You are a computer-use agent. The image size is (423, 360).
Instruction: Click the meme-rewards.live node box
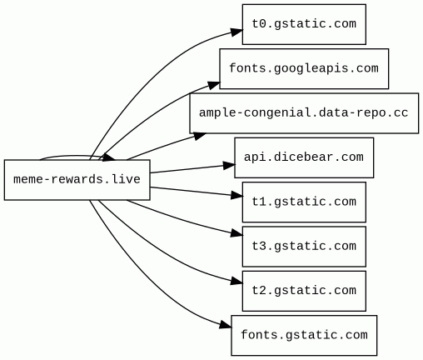pos(77,180)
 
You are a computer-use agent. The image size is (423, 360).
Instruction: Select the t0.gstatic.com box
pos(304,24)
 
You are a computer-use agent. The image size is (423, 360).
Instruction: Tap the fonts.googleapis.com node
pos(304,68)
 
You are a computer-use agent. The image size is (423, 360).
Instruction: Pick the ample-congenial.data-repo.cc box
pos(304,113)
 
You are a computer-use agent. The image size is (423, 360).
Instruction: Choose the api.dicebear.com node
pos(304,157)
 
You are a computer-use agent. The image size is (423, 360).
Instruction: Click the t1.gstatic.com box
pos(304,202)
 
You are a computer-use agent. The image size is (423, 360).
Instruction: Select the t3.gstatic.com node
pos(304,247)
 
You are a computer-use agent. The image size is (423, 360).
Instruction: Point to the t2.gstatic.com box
pos(304,291)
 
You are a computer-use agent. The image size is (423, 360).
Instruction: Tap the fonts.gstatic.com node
pos(304,335)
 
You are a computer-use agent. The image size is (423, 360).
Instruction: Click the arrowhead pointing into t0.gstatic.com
pos(236,32)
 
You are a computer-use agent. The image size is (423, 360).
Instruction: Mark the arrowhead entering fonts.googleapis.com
pos(214,85)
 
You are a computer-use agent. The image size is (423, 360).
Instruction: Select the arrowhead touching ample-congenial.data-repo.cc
pos(200,136)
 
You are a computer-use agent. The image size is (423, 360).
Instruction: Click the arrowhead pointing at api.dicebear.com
pos(229,166)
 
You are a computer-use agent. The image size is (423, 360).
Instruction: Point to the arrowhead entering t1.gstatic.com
pos(236,196)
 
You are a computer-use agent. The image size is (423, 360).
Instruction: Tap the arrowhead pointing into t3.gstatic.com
pos(236,233)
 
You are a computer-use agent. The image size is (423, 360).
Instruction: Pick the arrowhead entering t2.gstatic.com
pos(236,281)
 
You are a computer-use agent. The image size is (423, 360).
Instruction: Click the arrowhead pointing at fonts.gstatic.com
pos(226,325)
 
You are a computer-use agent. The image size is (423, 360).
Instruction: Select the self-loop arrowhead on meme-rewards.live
pos(109,157)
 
